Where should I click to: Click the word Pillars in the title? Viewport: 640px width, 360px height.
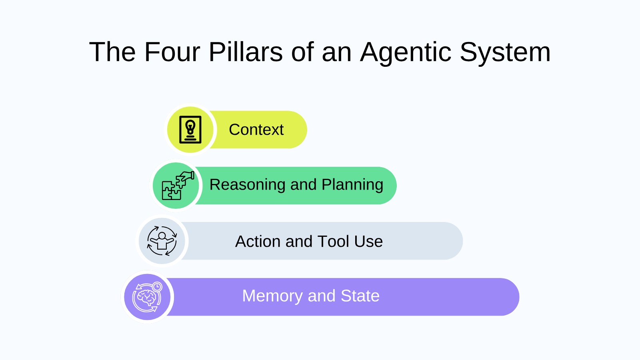(x=246, y=52)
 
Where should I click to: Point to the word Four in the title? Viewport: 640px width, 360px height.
(x=172, y=52)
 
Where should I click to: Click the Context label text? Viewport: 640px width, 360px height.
(x=256, y=130)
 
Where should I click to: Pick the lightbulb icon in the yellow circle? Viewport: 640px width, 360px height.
(x=190, y=130)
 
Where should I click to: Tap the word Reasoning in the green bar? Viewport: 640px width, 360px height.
(x=248, y=185)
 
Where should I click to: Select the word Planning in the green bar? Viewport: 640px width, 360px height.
(x=352, y=185)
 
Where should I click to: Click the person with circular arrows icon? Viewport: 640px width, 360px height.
(x=162, y=241)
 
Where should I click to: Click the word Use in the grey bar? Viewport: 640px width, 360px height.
(x=368, y=242)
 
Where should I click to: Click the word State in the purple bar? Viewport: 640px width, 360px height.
(x=360, y=296)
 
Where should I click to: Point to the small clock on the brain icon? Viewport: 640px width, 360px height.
(x=157, y=286)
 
